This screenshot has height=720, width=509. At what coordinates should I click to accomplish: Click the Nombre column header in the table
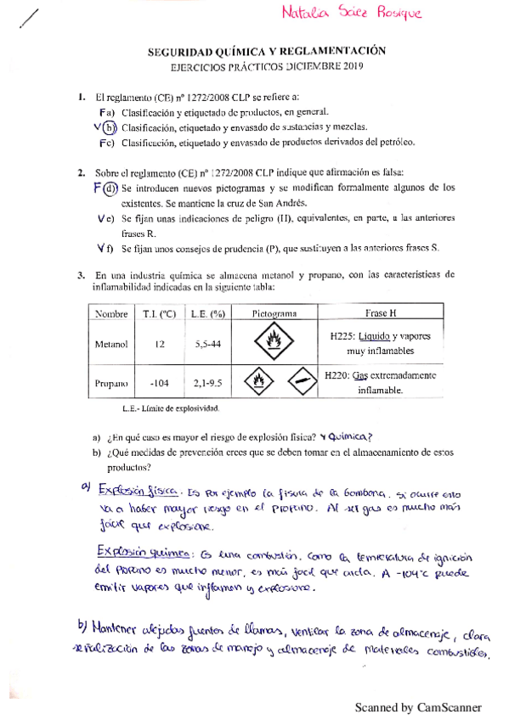click(x=111, y=313)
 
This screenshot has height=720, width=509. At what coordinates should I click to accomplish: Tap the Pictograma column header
click(x=274, y=313)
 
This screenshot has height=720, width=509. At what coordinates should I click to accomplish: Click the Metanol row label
click(x=111, y=344)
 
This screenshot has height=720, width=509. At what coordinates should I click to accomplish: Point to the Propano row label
click(x=111, y=383)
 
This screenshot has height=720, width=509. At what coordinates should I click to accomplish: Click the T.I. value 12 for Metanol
click(x=161, y=344)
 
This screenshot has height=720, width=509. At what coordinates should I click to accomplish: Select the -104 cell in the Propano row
click(x=161, y=383)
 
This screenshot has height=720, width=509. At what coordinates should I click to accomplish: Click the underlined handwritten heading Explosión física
click(x=137, y=490)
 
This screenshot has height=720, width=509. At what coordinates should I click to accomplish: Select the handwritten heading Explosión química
click(x=139, y=553)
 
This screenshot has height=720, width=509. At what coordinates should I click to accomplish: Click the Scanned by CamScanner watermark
click(x=418, y=706)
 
